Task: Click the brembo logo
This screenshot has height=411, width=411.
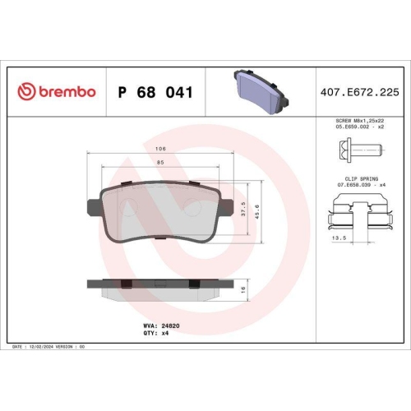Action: (57, 93)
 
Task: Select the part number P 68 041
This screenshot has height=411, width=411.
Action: (156, 93)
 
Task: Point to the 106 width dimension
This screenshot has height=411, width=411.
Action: (161, 148)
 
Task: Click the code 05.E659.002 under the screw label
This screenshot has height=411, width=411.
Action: (349, 127)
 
